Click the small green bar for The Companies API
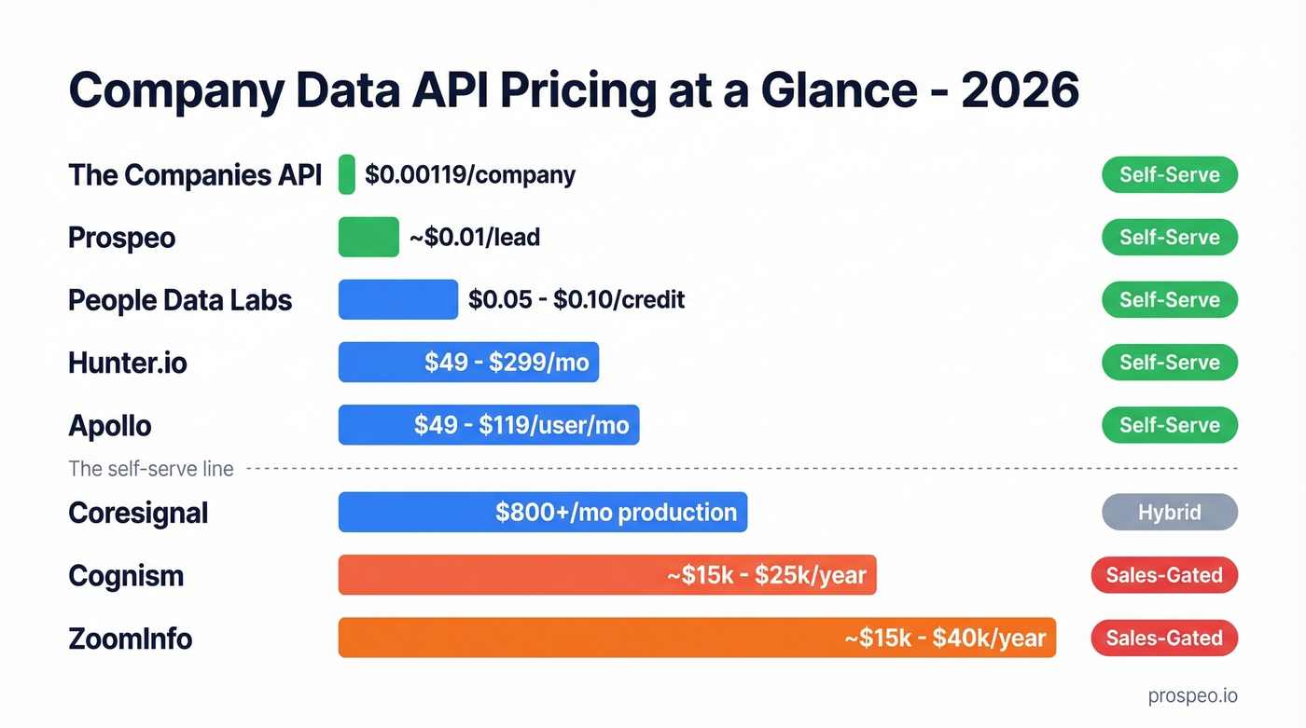pos(346,174)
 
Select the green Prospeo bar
pos(368,237)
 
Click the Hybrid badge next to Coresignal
pos(1169,513)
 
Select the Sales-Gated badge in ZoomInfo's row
pos(1163,638)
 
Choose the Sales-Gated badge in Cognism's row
pos(1163,575)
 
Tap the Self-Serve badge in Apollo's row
pos(1169,425)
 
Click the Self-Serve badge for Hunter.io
pos(1169,362)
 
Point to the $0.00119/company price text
pos(470,174)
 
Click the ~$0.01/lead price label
pos(475,237)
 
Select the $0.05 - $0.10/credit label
pos(576,299)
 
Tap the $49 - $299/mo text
pos(507,362)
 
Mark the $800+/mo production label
pos(616,513)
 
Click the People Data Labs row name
pos(180,300)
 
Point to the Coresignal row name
pos(138,513)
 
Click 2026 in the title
pos(1019,90)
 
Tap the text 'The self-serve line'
pos(151,469)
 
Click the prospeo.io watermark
pos(1192,695)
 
